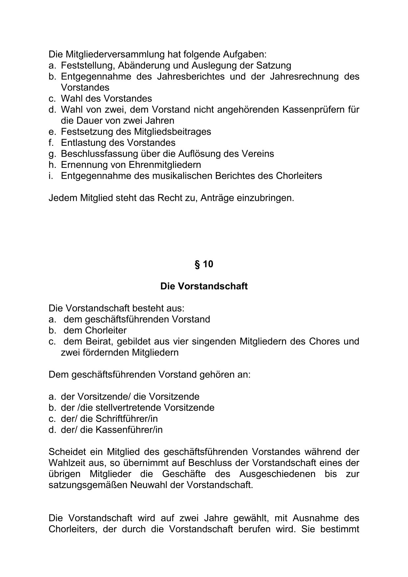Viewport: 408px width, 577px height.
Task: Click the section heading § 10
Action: [204, 264]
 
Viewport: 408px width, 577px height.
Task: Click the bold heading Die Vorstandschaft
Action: [204, 286]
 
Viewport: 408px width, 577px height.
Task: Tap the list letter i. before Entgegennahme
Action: [51, 176]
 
